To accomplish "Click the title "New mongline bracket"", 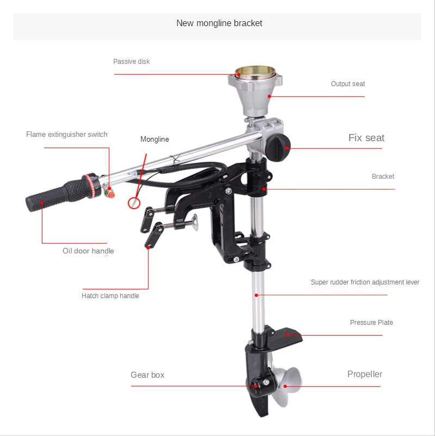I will click(219, 23).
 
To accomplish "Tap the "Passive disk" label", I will click(131, 62).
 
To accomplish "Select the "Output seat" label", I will click(348, 84).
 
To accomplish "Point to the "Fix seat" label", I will click(366, 138).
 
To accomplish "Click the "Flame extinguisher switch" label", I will click(66, 135).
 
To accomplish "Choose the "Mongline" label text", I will click(155, 140).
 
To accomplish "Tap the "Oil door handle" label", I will click(88, 251).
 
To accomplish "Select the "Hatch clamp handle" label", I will click(110, 296).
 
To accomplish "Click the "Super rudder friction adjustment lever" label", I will click(365, 282).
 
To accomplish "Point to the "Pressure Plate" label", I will click(371, 323).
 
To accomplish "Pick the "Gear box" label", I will click(147, 375).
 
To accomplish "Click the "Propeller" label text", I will click(365, 374).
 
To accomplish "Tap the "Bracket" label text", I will click(383, 177).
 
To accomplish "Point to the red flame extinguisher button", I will click(111, 192).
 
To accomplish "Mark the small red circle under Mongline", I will click(133, 203).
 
